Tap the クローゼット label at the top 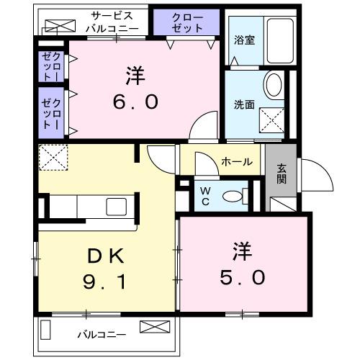187,22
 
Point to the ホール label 236,161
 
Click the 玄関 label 281,174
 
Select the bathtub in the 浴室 274,42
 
